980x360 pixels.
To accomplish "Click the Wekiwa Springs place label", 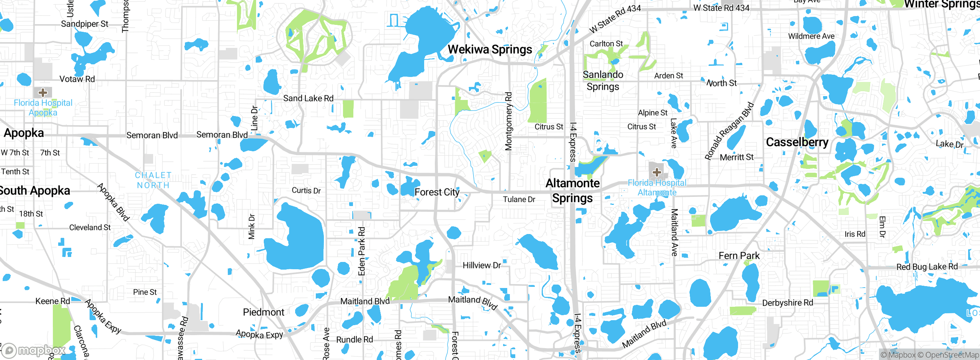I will [x=490, y=49].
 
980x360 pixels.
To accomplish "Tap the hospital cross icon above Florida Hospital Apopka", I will [x=43, y=92].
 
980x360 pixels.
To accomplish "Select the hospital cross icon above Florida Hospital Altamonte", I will [x=657, y=172].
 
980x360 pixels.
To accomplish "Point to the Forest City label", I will [x=437, y=192].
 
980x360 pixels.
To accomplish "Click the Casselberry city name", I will [x=797, y=142].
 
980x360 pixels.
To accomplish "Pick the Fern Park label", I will [x=739, y=255].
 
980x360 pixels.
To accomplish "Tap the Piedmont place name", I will [x=263, y=312].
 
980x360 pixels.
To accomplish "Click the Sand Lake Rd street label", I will [x=308, y=98].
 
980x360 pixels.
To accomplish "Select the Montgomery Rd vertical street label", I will [x=508, y=121].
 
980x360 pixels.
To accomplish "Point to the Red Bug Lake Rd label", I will [x=927, y=267].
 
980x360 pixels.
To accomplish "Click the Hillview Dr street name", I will [x=482, y=265].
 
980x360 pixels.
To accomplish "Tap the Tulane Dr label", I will [x=519, y=199].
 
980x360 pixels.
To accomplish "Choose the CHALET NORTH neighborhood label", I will [x=153, y=180].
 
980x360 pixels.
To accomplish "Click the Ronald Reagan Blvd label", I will [x=729, y=131].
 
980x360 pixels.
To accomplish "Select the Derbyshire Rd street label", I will [x=787, y=303].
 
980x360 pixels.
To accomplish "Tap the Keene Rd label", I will [x=52, y=301].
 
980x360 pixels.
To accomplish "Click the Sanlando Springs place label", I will [x=603, y=80].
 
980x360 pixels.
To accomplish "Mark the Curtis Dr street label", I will [x=306, y=190].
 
